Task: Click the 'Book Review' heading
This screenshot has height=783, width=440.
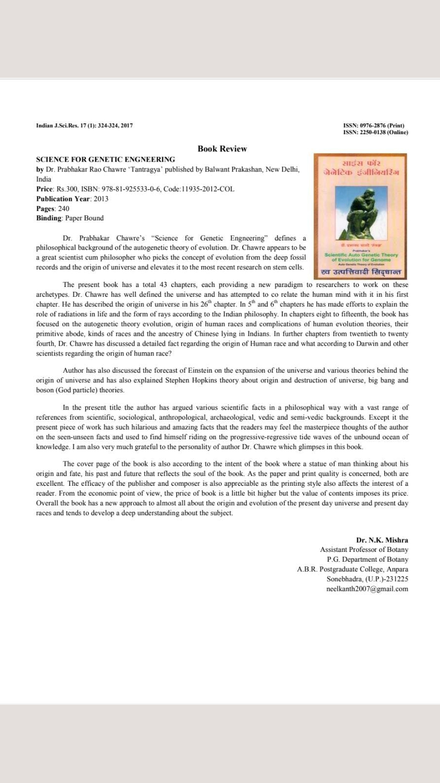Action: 222,148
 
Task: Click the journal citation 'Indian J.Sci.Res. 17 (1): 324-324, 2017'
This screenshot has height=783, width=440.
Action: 84,125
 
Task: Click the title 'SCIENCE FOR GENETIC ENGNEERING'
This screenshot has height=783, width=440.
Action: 105,159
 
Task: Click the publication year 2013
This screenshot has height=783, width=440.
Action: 101,198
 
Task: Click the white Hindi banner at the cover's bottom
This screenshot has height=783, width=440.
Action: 361,272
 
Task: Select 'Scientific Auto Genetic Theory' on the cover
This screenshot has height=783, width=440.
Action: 361,255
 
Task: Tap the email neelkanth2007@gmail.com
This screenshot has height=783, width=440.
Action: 367,589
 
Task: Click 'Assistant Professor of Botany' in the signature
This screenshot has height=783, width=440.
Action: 364,549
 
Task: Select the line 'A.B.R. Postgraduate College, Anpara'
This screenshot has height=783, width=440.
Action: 352,569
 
